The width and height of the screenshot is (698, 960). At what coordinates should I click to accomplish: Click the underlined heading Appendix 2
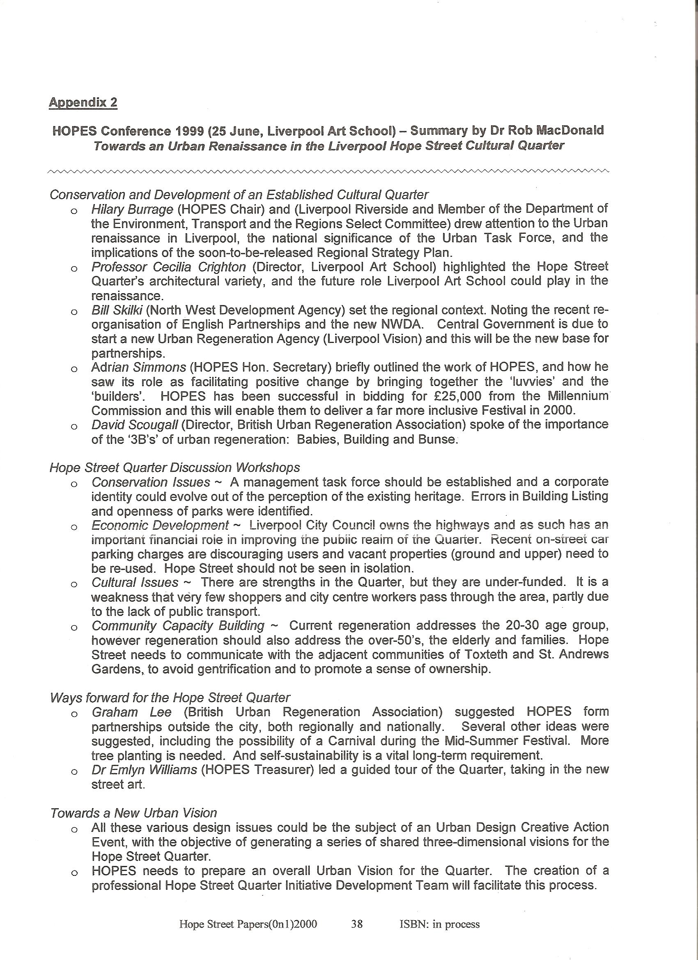point(83,102)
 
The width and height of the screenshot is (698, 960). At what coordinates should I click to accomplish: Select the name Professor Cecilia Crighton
point(168,267)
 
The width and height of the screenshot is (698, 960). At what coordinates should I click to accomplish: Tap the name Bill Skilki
point(118,310)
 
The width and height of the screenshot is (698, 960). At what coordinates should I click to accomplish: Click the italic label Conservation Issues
point(151,482)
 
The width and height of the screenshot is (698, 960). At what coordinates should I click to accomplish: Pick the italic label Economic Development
point(160,525)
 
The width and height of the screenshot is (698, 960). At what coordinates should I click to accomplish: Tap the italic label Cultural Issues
point(135,582)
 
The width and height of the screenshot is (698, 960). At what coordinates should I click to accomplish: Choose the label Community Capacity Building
point(178,626)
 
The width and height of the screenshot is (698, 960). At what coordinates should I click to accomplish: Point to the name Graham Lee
point(132,712)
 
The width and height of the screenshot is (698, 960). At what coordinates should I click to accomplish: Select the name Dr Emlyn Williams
point(145,769)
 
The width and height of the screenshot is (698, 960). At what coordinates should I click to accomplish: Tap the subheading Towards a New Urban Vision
point(133,813)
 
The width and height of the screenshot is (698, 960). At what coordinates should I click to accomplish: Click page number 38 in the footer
point(357,924)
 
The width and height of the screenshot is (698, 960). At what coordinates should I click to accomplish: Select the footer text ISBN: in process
point(439,924)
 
